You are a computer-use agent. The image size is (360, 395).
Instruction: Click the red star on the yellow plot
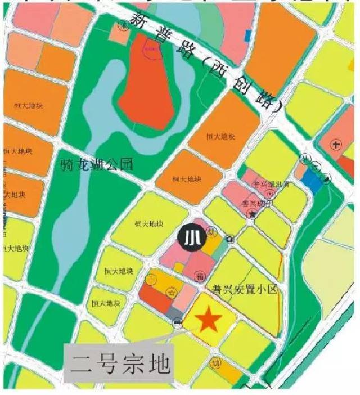pyautogui.click(x=208, y=320)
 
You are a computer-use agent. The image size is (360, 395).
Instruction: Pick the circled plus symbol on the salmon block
pyautogui.click(x=337, y=146)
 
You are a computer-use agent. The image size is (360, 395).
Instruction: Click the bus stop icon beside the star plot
pyautogui.click(x=178, y=323)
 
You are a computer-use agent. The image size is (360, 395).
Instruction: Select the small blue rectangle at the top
pyautogui.click(x=248, y=34)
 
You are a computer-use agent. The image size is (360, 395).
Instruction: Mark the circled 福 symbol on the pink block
pyautogui.click(x=200, y=275)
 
